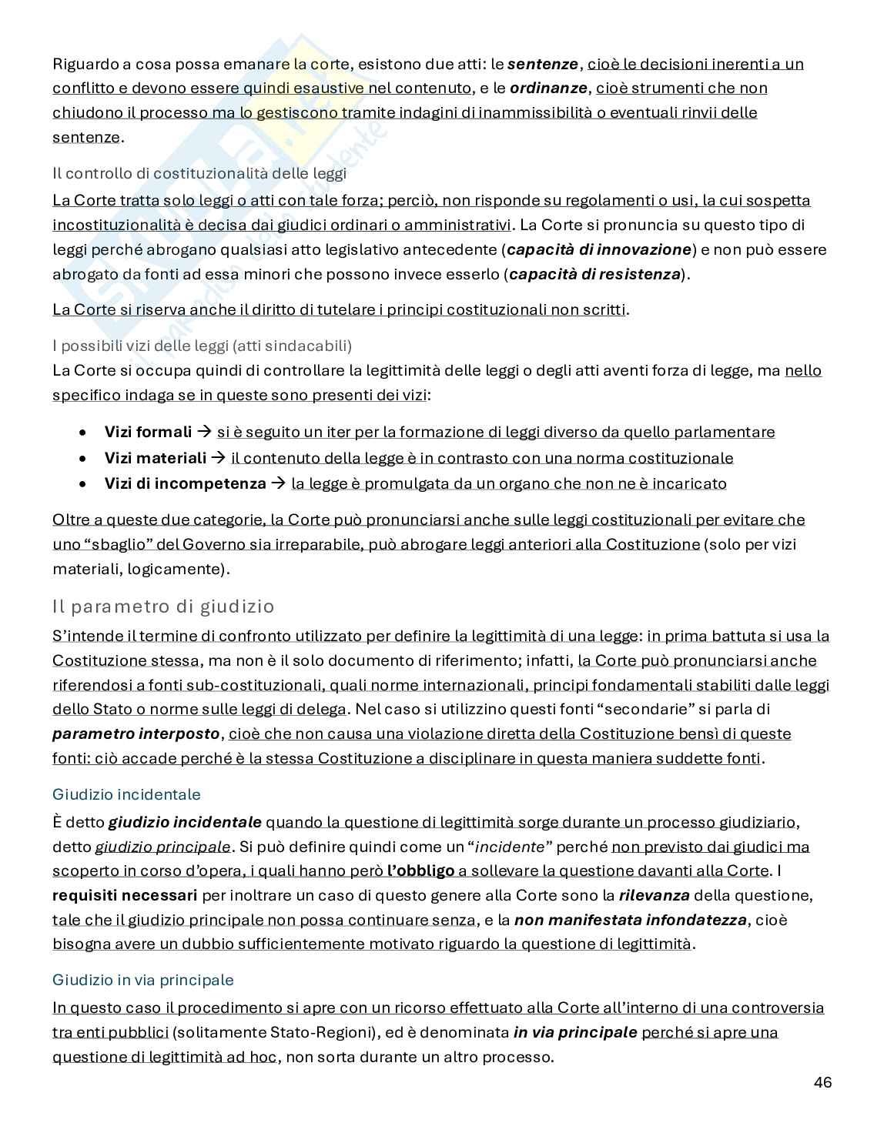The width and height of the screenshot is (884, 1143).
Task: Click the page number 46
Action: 822,1082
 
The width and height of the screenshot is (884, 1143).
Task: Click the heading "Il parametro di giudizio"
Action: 163,607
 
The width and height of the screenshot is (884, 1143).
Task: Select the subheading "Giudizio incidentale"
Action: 126,794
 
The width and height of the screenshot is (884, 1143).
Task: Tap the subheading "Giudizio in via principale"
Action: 142,980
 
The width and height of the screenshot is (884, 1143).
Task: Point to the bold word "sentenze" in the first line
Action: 543,64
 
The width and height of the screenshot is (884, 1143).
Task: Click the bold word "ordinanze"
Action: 549,89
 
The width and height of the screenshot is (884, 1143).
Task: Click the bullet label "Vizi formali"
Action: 148,433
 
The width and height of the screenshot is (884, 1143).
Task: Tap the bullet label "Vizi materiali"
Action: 156,459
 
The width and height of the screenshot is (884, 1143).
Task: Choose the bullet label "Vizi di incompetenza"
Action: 185,484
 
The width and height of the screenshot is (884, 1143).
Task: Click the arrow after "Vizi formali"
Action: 204,433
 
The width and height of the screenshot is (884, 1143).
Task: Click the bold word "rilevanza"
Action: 654,896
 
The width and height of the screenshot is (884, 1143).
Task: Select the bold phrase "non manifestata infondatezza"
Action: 630,921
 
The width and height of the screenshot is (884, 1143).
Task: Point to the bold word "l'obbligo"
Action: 420,871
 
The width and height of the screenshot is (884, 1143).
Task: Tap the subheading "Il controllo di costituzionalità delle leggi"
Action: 199,173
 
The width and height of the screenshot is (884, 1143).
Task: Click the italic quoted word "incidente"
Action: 511,847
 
